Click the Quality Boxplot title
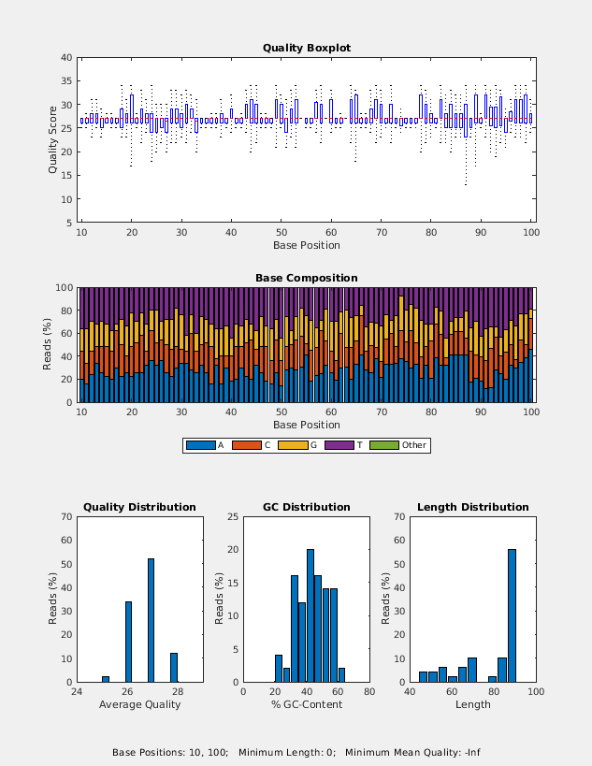click(307, 48)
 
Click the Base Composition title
click(307, 278)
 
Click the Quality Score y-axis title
click(53, 138)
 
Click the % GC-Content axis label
click(307, 704)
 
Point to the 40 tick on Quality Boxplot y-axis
click(66, 57)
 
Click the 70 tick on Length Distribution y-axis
click(399, 516)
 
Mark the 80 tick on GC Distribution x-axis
click(369, 692)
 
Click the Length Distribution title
click(473, 507)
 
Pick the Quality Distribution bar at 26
click(128, 642)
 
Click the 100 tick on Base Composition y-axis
click(65, 287)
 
